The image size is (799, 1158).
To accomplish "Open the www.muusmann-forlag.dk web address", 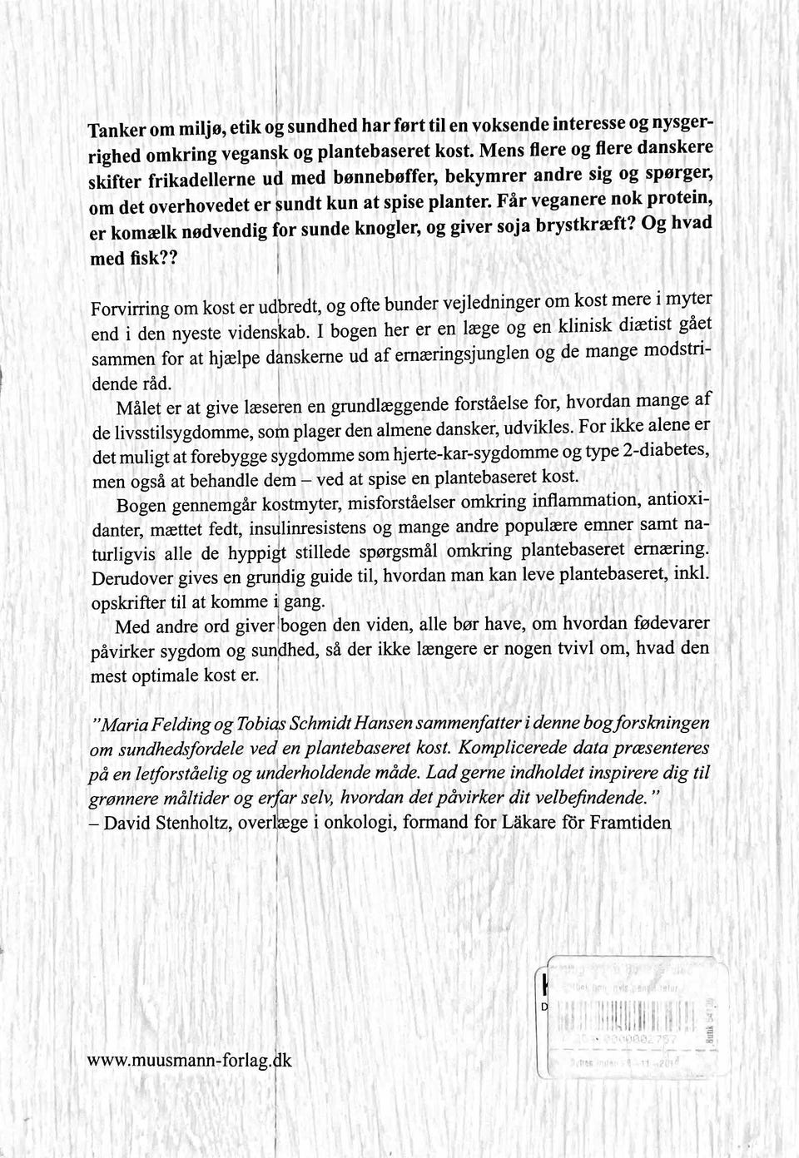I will (x=191, y=1061).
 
